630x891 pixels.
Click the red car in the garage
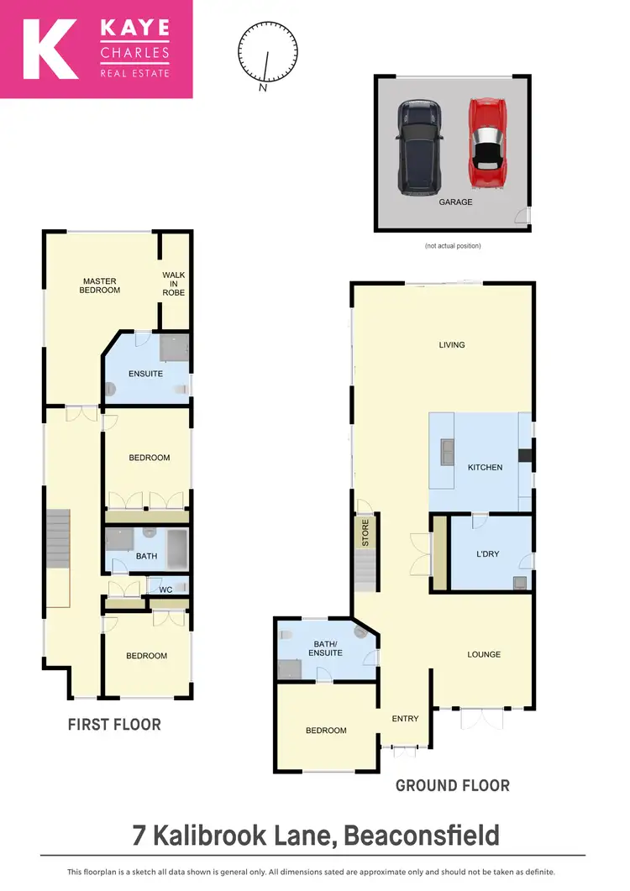pos(485,146)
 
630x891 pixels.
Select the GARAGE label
pos(455,202)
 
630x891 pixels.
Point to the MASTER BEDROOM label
pos(100,286)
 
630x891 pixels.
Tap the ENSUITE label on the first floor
pos(145,374)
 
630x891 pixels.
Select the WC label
pos(165,590)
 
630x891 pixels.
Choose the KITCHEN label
pos(485,467)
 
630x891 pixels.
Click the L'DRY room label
pos(489,555)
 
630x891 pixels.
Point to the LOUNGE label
pos(484,654)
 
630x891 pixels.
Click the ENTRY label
pos(405,718)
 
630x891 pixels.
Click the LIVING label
pos(452,344)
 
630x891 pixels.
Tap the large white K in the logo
pos(50,50)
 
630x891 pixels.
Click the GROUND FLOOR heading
pos(452,786)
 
